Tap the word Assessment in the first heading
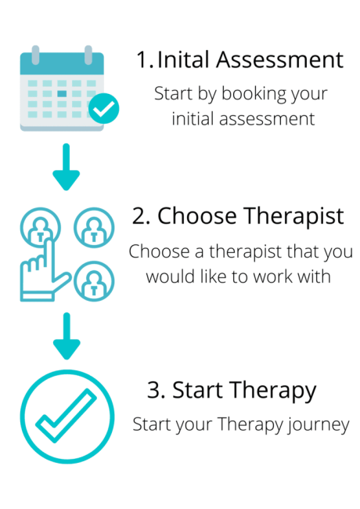pyautogui.click(x=279, y=60)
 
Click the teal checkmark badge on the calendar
pyautogui.click(x=104, y=108)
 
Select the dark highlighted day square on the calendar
pyautogui.click(x=62, y=93)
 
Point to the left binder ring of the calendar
pyautogui.click(x=35, y=55)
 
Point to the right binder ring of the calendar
pyautogui.click(x=88, y=55)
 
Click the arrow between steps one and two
pyautogui.click(x=67, y=167)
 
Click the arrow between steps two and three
pyautogui.click(x=67, y=336)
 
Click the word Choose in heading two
pyautogui.click(x=197, y=216)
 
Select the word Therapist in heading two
pyautogui.click(x=293, y=217)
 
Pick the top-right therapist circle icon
pyautogui.click(x=94, y=228)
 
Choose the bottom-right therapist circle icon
pyautogui.click(x=94, y=281)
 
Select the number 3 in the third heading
pyautogui.click(x=154, y=389)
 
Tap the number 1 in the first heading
pyautogui.click(x=142, y=60)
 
